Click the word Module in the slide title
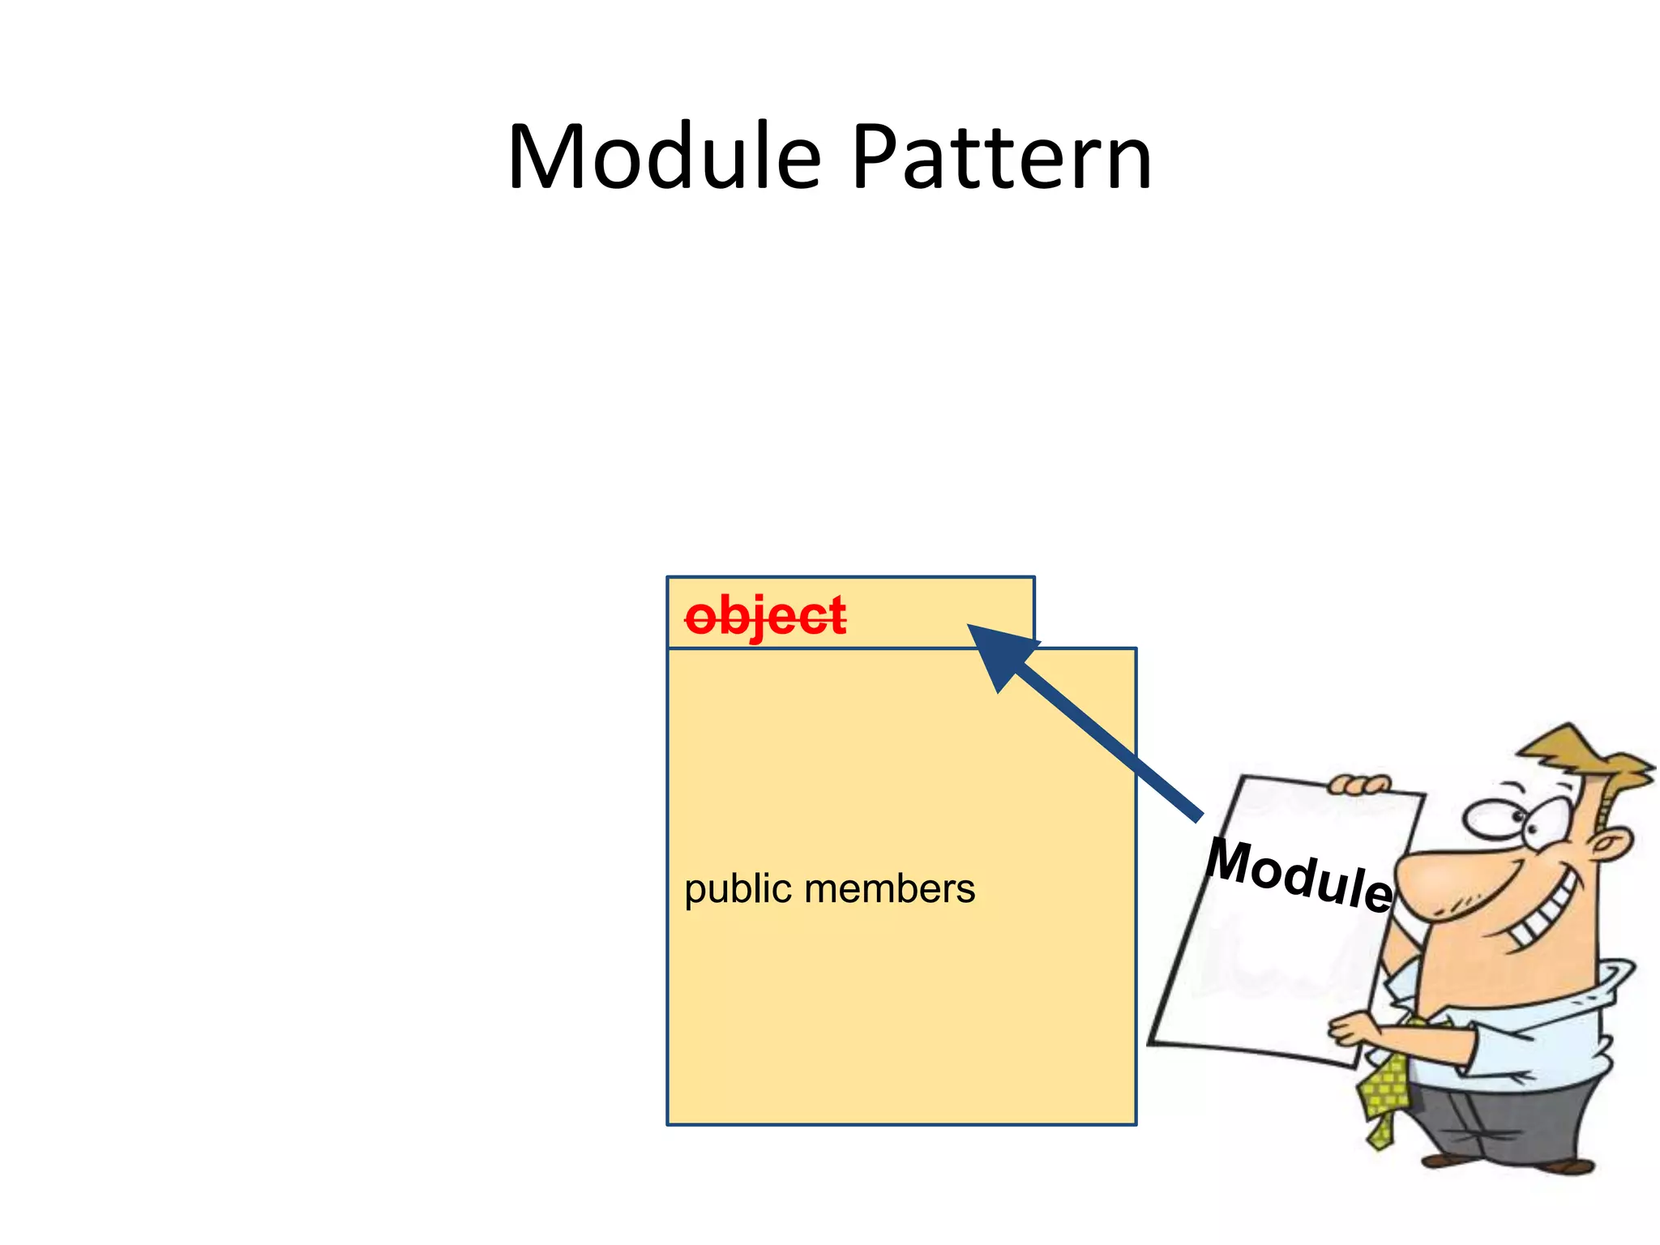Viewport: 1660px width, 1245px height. (665, 158)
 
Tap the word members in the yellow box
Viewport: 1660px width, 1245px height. (889, 888)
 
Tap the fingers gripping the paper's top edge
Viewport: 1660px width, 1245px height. (1358, 785)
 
